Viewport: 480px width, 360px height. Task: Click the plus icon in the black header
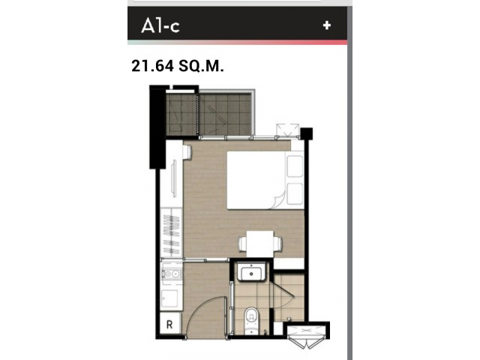tap(327, 25)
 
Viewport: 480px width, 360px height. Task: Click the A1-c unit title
tap(160, 25)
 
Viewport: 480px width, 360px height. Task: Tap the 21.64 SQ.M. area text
tap(178, 66)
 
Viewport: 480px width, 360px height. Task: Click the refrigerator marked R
tap(170, 323)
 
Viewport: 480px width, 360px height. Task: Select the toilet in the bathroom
tap(251, 321)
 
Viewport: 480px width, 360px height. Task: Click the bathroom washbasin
tap(251, 271)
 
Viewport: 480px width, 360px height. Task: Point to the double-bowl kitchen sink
tap(171, 274)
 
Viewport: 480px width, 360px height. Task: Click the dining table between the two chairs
tap(260, 244)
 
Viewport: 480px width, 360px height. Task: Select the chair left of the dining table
tap(242, 244)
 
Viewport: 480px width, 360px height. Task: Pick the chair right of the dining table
tap(278, 244)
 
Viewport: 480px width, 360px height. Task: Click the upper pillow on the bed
tap(295, 166)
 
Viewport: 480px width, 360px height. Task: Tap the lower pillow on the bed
tap(295, 193)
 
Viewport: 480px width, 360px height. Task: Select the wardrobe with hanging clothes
tap(171, 232)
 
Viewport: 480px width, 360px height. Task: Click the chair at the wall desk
tap(187, 152)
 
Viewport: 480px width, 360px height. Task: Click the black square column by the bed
tap(306, 133)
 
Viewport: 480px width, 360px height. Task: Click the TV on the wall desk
tap(173, 179)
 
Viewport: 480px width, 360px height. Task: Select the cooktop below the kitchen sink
tap(170, 298)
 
